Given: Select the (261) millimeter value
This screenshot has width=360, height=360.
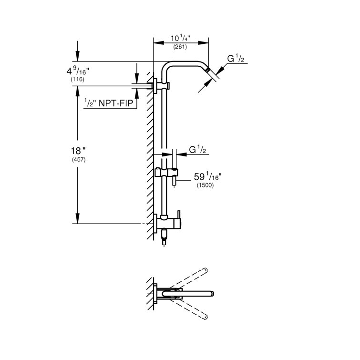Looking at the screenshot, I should tap(180, 47).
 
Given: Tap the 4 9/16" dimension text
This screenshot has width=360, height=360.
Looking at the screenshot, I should tap(78, 72).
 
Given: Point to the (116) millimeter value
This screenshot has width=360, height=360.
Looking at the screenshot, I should tap(77, 80).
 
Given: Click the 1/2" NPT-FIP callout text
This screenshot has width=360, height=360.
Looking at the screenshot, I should tap(110, 103).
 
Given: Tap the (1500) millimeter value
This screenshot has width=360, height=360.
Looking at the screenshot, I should tap(205, 185).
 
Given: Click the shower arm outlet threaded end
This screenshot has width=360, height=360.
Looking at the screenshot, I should tap(209, 71).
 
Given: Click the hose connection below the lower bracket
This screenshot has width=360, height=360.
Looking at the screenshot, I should tap(165, 237).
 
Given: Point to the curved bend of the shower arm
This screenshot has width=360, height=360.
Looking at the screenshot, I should tap(168, 67).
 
